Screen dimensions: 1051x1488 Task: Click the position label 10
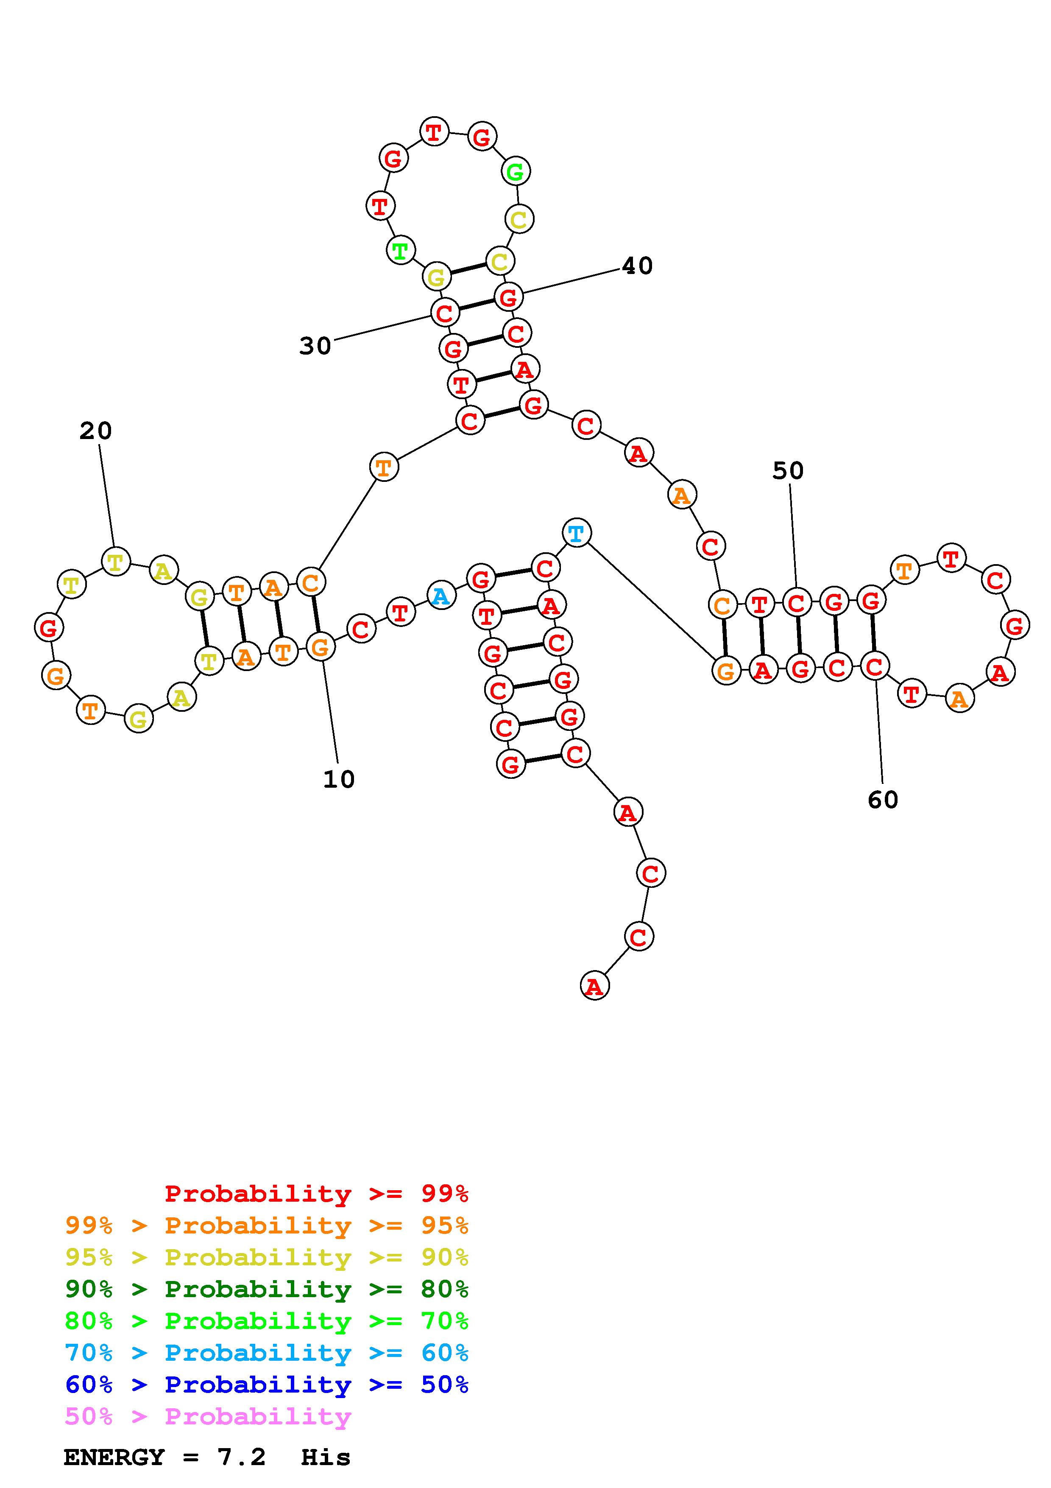pos(339,779)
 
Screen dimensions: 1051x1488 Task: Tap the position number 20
pos(96,431)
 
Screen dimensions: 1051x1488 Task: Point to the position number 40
pos(637,266)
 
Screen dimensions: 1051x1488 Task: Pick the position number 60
pos(883,800)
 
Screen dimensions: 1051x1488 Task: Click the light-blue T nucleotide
pos(576,533)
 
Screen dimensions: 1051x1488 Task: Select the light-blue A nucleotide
pos(441,596)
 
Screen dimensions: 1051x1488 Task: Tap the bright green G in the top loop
pos(516,172)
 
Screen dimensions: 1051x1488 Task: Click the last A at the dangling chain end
pos(594,986)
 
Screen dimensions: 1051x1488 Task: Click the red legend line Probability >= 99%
pos(317,1194)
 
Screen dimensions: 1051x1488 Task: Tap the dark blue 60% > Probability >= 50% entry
pos(267,1385)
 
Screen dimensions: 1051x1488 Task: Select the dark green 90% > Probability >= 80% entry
pos(267,1289)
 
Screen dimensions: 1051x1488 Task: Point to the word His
pos(326,1457)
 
